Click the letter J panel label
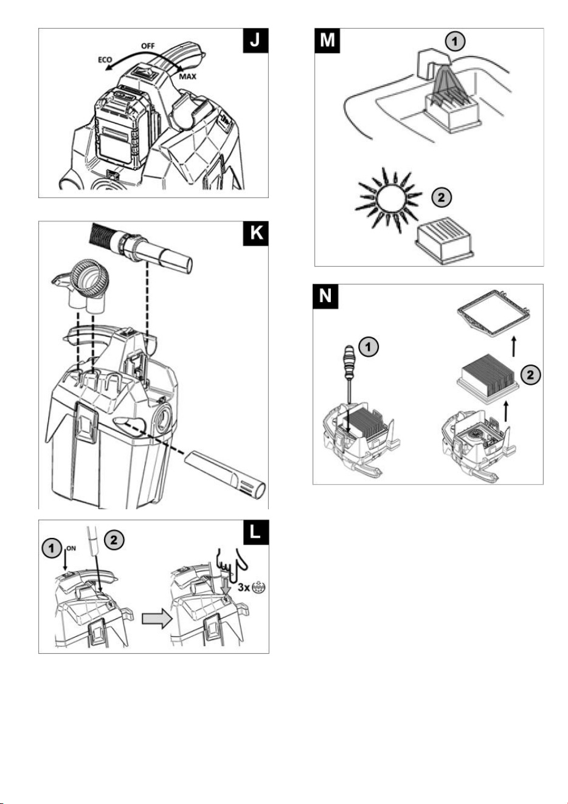pyautogui.click(x=255, y=41)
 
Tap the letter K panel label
pyautogui.click(x=255, y=233)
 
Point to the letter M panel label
pyautogui.click(x=327, y=41)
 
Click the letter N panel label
pyautogui.click(x=325, y=297)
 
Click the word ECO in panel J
pyautogui.click(x=105, y=60)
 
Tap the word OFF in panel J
pyautogui.click(x=148, y=46)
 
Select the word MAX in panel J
pyautogui.click(x=187, y=77)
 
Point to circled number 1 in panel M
pyautogui.click(x=455, y=42)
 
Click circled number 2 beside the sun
pyautogui.click(x=441, y=197)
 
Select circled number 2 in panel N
pyautogui.click(x=530, y=375)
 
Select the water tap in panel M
pyautogui.click(x=432, y=64)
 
